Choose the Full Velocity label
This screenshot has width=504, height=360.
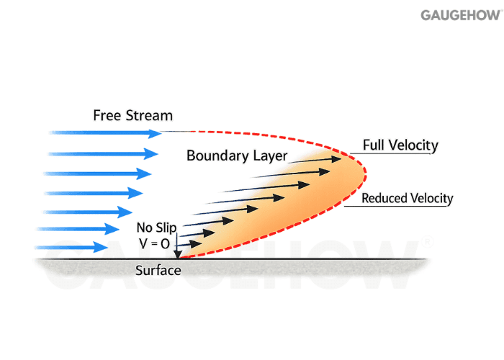point(400,145)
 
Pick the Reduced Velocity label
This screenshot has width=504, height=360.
point(408,198)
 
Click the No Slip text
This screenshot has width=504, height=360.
point(156,228)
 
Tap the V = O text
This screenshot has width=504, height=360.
point(155,244)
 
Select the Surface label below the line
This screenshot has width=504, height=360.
point(158,271)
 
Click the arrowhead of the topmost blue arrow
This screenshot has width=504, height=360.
point(156,133)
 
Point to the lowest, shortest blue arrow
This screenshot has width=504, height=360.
point(79,248)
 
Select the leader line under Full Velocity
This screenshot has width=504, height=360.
point(396,153)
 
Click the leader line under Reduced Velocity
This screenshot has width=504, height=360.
point(400,207)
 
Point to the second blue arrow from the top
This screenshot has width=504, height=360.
point(101,153)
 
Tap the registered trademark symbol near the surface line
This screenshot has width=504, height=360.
point(428,243)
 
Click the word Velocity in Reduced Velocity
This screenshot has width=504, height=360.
point(431,198)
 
